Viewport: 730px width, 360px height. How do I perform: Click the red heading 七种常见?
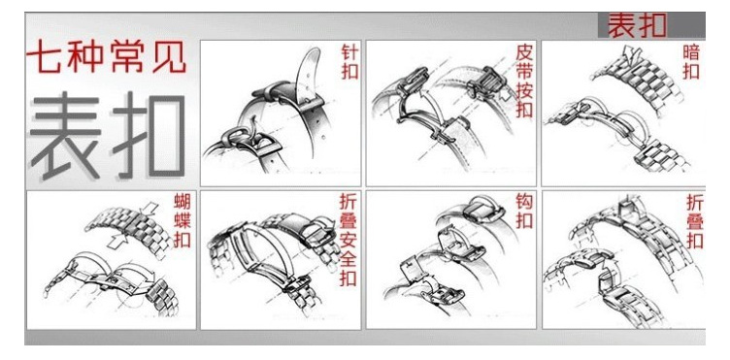coord(107,57)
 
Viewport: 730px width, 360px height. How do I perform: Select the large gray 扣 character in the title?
coord(149,135)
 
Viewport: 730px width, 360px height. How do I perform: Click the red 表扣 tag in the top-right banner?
coord(638,25)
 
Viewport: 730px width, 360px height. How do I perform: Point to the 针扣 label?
coord(349,62)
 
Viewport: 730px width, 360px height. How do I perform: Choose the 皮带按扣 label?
coord(524,81)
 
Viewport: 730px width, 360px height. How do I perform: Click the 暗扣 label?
coord(691,62)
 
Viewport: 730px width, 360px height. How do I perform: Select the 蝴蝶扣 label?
coord(182,221)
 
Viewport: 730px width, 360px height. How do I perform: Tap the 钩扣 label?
coord(524,212)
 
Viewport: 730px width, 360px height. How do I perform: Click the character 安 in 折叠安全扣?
coord(348,241)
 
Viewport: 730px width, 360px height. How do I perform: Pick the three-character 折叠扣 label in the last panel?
coord(695,221)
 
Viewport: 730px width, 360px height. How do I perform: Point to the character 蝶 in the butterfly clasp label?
coord(182,221)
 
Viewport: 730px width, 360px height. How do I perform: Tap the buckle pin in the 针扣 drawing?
coord(252,125)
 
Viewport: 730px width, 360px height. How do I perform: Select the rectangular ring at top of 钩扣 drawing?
coord(481,210)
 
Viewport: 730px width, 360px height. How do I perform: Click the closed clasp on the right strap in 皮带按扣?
coord(486,82)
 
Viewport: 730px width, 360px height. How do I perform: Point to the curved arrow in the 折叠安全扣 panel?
coord(328,223)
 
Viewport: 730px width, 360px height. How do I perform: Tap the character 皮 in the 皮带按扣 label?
coord(524,53)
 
